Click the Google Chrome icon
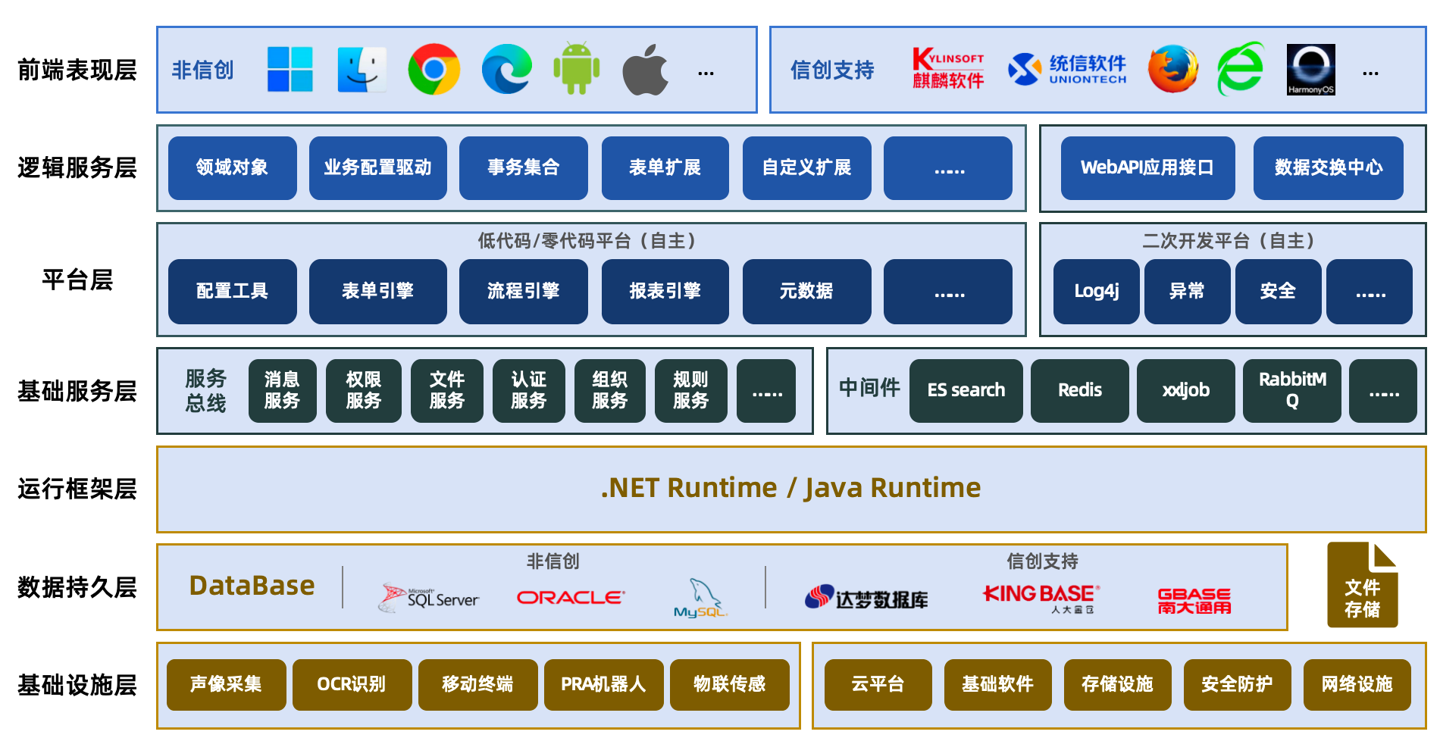[x=434, y=70]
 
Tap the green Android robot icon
[x=577, y=69]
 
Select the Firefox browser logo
[x=1172, y=69]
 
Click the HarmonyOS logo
[x=1310, y=70]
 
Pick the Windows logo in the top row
[x=290, y=70]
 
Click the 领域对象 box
[x=233, y=168]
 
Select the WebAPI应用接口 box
[x=1147, y=168]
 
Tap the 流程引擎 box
[x=524, y=292]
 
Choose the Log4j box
[x=1097, y=292]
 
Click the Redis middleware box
[x=1080, y=391]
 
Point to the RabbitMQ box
[x=1292, y=391]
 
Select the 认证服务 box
[x=529, y=391]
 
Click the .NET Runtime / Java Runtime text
[x=790, y=488]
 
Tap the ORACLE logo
[x=571, y=598]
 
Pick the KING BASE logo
[x=1041, y=598]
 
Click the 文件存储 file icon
[x=1363, y=585]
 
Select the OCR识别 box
[x=352, y=685]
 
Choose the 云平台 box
[x=878, y=685]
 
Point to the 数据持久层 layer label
[x=77, y=587]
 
